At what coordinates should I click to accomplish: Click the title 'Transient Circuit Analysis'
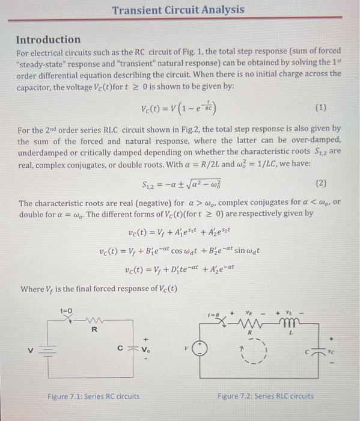(x=178, y=10)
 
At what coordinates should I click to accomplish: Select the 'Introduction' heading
(x=48, y=40)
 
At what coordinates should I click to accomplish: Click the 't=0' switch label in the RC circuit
(x=66, y=310)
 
